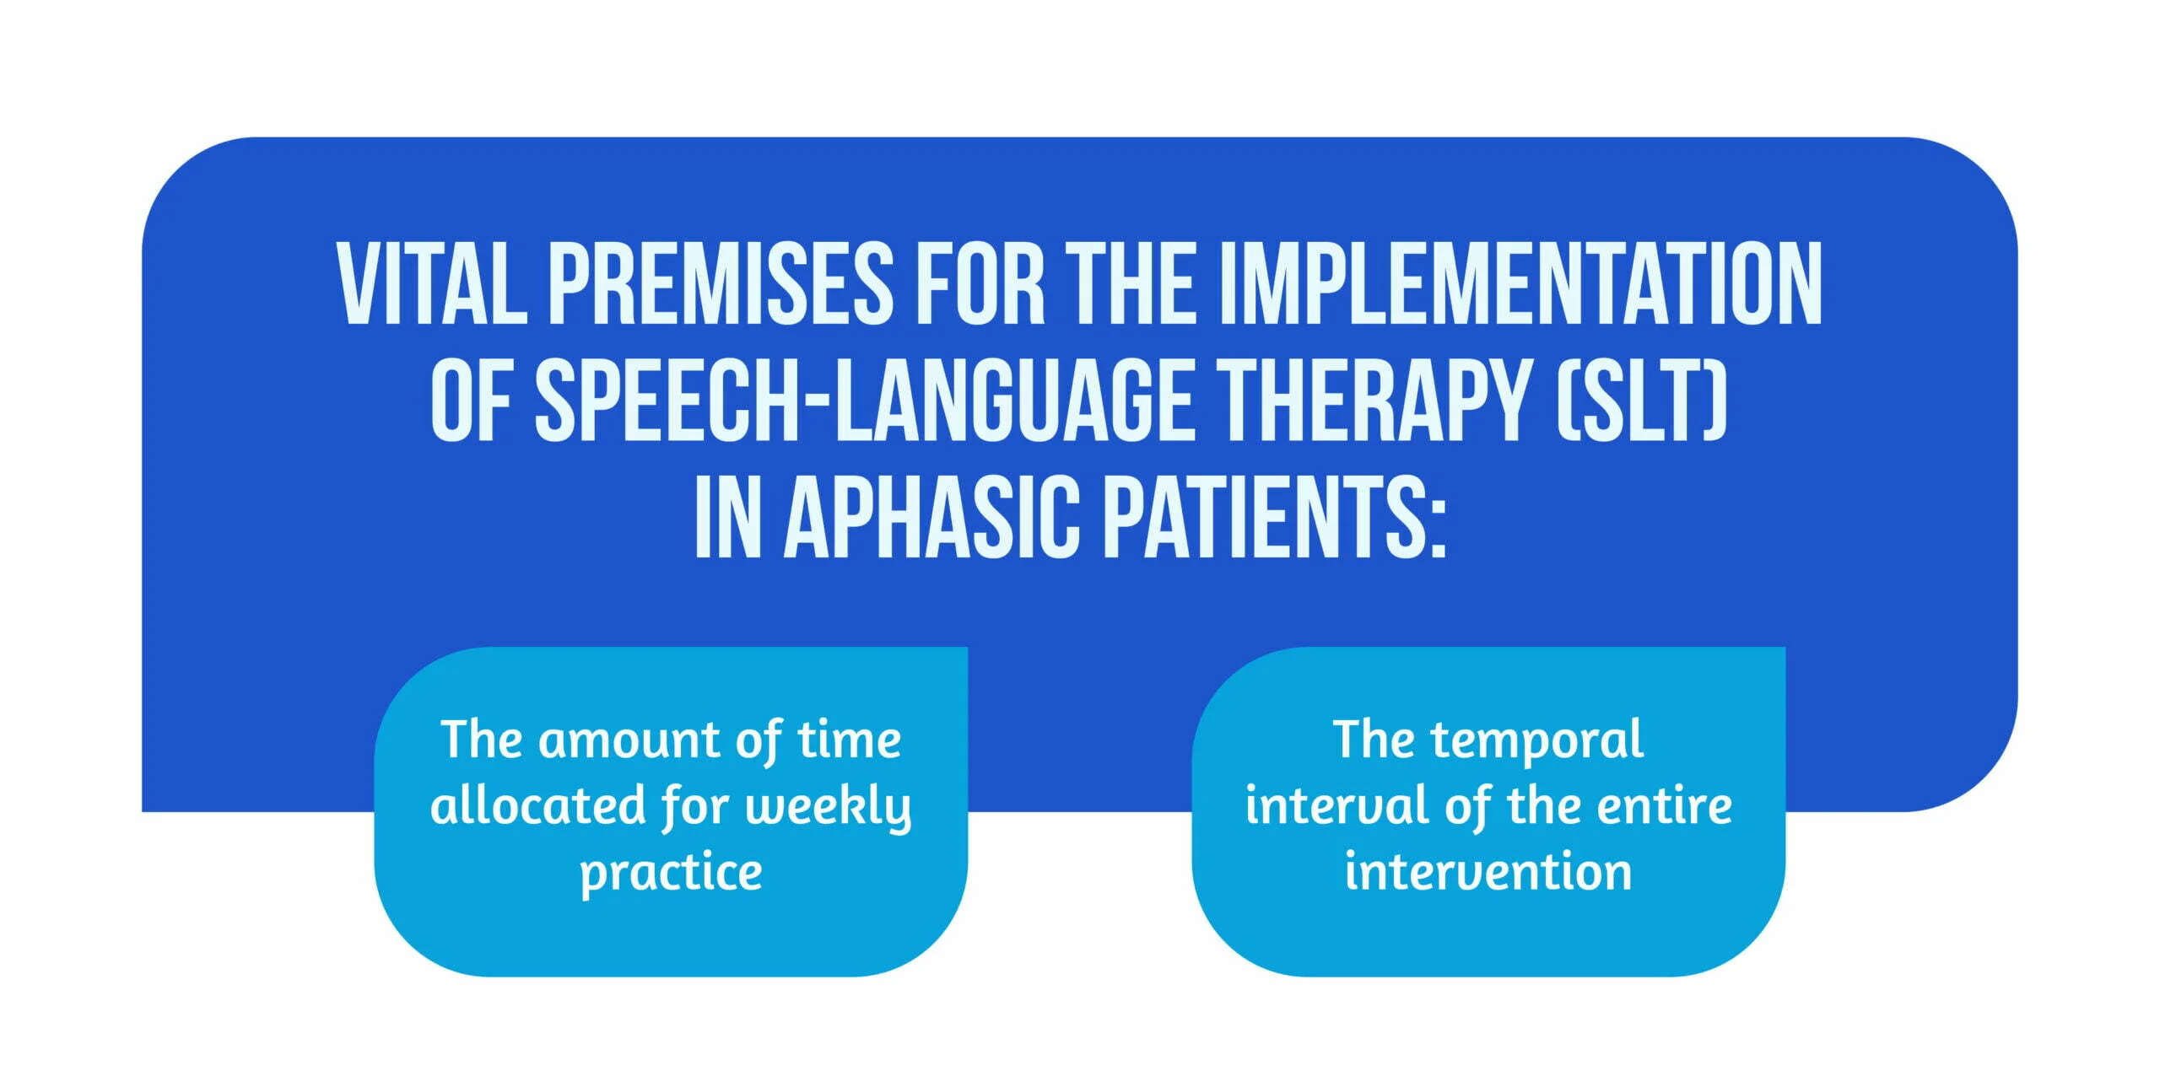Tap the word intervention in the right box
tap(1488, 872)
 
